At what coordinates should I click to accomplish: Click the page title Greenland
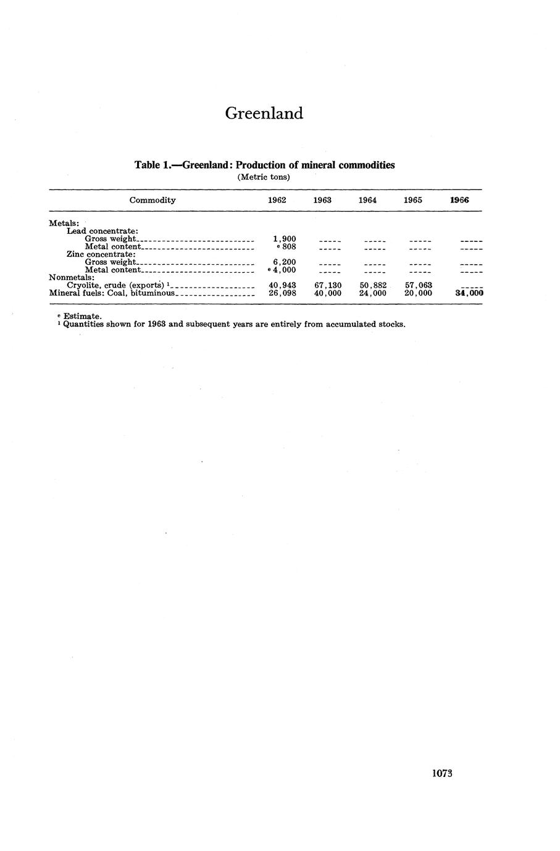[x=264, y=114]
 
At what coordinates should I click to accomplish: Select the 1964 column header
[x=367, y=200]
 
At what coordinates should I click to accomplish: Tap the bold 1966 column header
[x=459, y=200]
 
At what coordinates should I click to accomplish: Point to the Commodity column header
[x=153, y=200]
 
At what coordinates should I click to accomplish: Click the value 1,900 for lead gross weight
[x=285, y=239]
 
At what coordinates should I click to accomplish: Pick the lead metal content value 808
[x=288, y=247]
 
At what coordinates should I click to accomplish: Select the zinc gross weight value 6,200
[x=285, y=262]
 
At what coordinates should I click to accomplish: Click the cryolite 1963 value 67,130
[x=328, y=286]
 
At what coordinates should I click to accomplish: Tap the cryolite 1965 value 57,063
[x=418, y=286]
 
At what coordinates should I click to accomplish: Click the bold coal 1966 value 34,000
[x=469, y=294]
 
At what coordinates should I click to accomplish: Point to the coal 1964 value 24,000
[x=373, y=294]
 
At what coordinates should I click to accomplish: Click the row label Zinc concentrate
[x=101, y=254]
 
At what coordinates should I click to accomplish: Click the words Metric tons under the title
[x=264, y=177]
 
